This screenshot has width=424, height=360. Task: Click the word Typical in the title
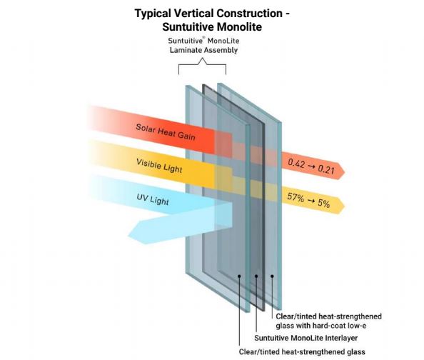153,14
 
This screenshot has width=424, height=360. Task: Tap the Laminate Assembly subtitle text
203,50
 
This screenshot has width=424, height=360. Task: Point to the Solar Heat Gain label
166,132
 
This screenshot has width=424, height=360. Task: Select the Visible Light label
159,166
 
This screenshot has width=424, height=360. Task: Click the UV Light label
153,200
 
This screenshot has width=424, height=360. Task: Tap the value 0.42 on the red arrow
296,164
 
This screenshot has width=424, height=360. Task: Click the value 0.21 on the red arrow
325,169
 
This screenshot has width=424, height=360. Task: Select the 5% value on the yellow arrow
323,203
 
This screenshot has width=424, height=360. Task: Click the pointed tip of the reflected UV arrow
128,236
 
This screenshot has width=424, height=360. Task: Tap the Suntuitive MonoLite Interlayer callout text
306,338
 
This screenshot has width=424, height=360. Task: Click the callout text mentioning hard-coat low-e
328,321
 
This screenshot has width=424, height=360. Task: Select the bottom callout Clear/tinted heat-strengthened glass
302,352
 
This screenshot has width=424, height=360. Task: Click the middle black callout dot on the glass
256,276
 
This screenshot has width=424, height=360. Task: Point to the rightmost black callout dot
272,276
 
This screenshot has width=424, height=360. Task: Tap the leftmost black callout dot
239,276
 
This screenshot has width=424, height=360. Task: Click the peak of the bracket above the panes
202,59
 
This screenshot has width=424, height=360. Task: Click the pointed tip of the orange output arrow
345,171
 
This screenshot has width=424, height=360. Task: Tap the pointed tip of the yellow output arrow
345,206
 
